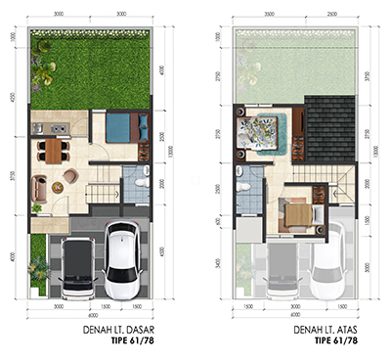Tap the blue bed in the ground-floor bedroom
pyautogui.click(x=121, y=129)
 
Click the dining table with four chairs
pyautogui.click(x=51, y=150)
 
